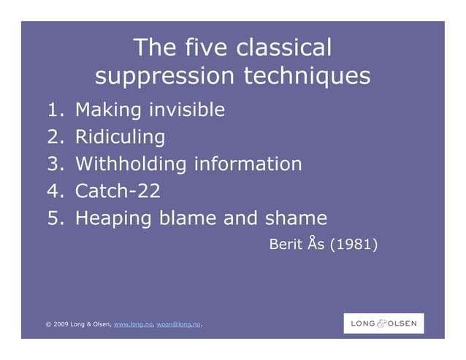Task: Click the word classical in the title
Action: click(283, 48)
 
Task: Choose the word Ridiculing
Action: click(120, 137)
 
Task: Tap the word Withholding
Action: click(131, 164)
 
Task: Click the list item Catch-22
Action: click(118, 191)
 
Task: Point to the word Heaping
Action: click(115, 218)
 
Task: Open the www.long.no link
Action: click(132, 323)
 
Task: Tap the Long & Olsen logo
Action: click(383, 323)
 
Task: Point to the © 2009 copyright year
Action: click(56, 323)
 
